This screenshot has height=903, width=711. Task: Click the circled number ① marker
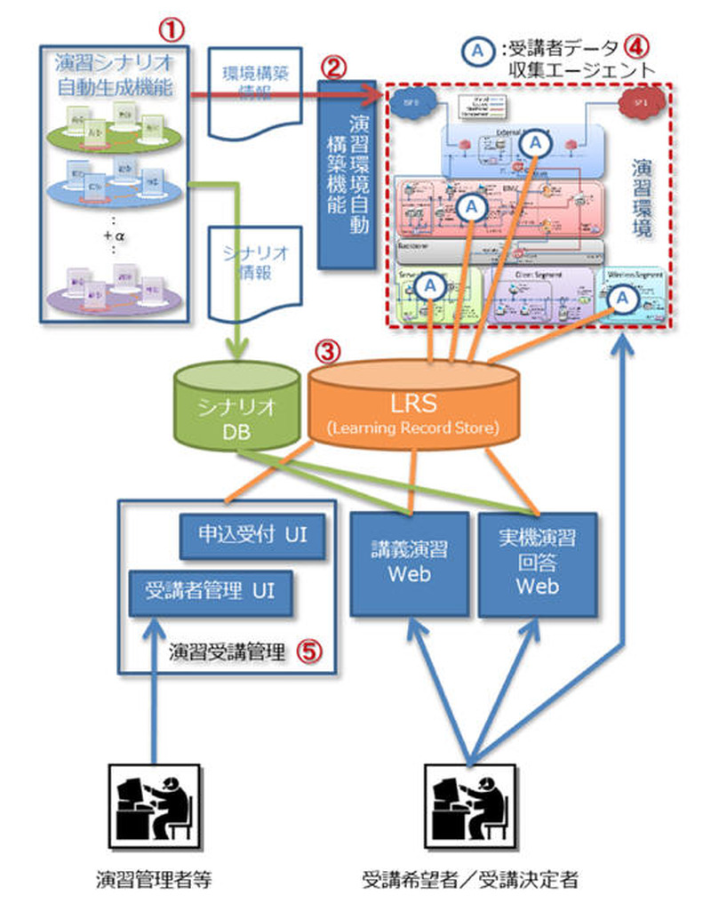coord(172,28)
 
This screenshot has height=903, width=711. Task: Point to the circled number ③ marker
coord(328,352)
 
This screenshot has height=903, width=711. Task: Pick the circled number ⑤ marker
coord(306,651)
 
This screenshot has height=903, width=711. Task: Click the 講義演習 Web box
coord(409,563)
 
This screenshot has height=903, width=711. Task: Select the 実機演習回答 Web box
coord(538,563)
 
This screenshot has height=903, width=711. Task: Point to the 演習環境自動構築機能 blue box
coord(347,174)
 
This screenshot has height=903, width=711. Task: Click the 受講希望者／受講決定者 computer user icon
coord(467,799)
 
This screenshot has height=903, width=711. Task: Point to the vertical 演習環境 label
coord(643,197)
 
